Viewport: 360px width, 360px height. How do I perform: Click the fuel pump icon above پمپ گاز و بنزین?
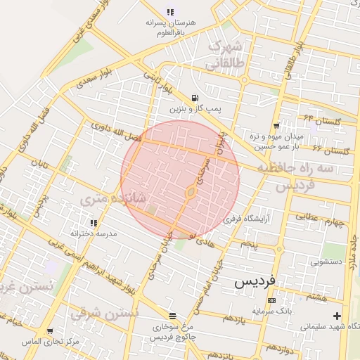(194, 98)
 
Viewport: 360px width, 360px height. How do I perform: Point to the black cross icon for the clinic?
(337, 316)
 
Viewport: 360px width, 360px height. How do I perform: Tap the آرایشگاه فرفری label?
(246, 219)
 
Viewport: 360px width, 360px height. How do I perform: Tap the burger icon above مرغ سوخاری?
(173, 316)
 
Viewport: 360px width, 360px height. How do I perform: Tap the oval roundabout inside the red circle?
(191, 191)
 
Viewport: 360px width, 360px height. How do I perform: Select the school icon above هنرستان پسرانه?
(169, 11)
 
